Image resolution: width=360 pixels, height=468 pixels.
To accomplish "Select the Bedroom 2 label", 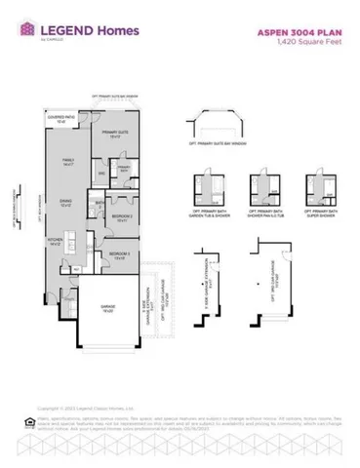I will (x=122, y=218).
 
